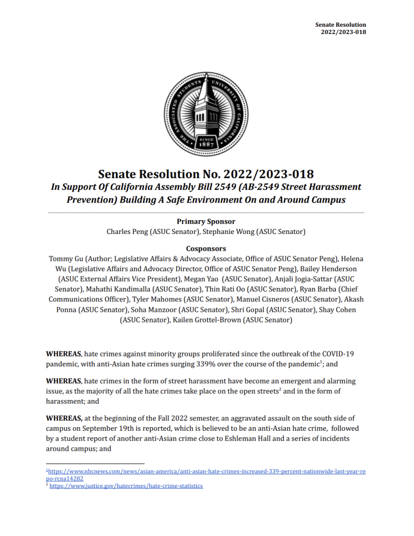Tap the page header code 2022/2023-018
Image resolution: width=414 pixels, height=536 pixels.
pos(343,32)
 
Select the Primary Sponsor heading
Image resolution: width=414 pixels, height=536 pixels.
pos(206,221)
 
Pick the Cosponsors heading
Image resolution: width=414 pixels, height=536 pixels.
pos(206,249)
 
